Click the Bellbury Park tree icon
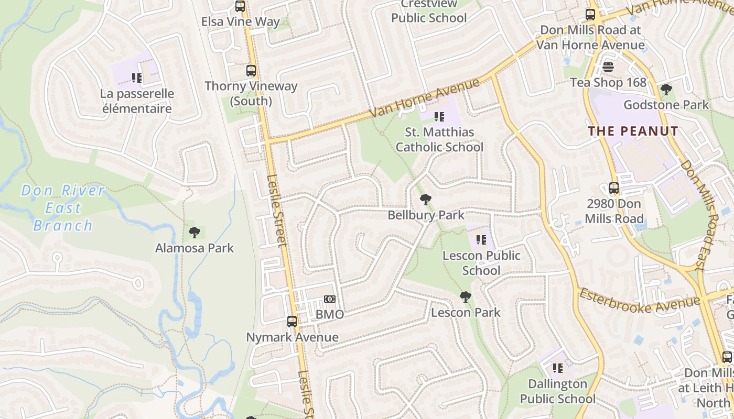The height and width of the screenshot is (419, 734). pyautogui.click(x=426, y=199)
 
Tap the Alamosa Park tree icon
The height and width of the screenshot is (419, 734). pyautogui.click(x=195, y=232)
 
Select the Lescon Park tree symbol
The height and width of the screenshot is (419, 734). pyautogui.click(x=465, y=297)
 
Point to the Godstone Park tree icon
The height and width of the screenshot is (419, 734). pyautogui.click(x=666, y=90)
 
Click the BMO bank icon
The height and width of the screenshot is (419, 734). pyautogui.click(x=329, y=299)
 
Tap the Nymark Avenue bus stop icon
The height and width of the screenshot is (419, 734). pyautogui.click(x=292, y=322)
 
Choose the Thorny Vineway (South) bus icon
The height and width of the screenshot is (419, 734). pyautogui.click(x=251, y=71)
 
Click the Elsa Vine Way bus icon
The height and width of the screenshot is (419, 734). pyautogui.click(x=240, y=6)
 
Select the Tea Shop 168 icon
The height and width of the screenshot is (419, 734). pyautogui.click(x=608, y=67)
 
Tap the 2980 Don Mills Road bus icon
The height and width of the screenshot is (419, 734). pyautogui.click(x=613, y=188)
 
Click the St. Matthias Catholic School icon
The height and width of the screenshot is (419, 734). pyautogui.click(x=439, y=116)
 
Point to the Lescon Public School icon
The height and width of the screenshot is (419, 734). pyautogui.click(x=481, y=240)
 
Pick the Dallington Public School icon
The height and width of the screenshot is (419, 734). pyautogui.click(x=558, y=368)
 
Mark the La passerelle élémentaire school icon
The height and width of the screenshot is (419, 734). pyautogui.click(x=137, y=79)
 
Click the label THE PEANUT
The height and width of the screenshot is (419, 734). pyautogui.click(x=633, y=131)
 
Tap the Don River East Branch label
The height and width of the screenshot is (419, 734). pyautogui.click(x=63, y=208)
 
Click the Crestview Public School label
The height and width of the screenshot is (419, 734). pyautogui.click(x=429, y=12)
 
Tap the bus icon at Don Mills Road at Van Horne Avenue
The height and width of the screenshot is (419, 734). pyautogui.click(x=590, y=15)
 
